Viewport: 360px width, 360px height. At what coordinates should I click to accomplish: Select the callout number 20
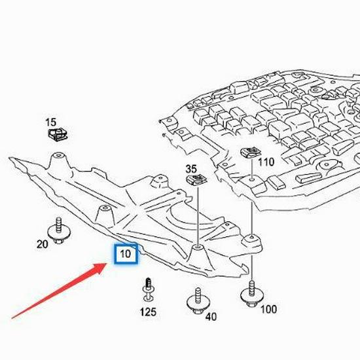pos(43,244)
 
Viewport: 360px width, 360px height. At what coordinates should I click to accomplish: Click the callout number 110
pos(266,162)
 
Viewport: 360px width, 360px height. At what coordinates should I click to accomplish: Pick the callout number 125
pos(149,312)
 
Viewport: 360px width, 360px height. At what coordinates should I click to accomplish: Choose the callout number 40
pos(211,317)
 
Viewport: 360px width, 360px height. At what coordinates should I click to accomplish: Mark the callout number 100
pos(268,308)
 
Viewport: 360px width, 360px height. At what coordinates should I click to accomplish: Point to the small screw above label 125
pos(148,289)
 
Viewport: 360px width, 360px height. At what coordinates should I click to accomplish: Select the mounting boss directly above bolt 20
pos(58,156)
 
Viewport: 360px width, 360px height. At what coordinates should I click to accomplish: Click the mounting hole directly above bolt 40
pos(196,249)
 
